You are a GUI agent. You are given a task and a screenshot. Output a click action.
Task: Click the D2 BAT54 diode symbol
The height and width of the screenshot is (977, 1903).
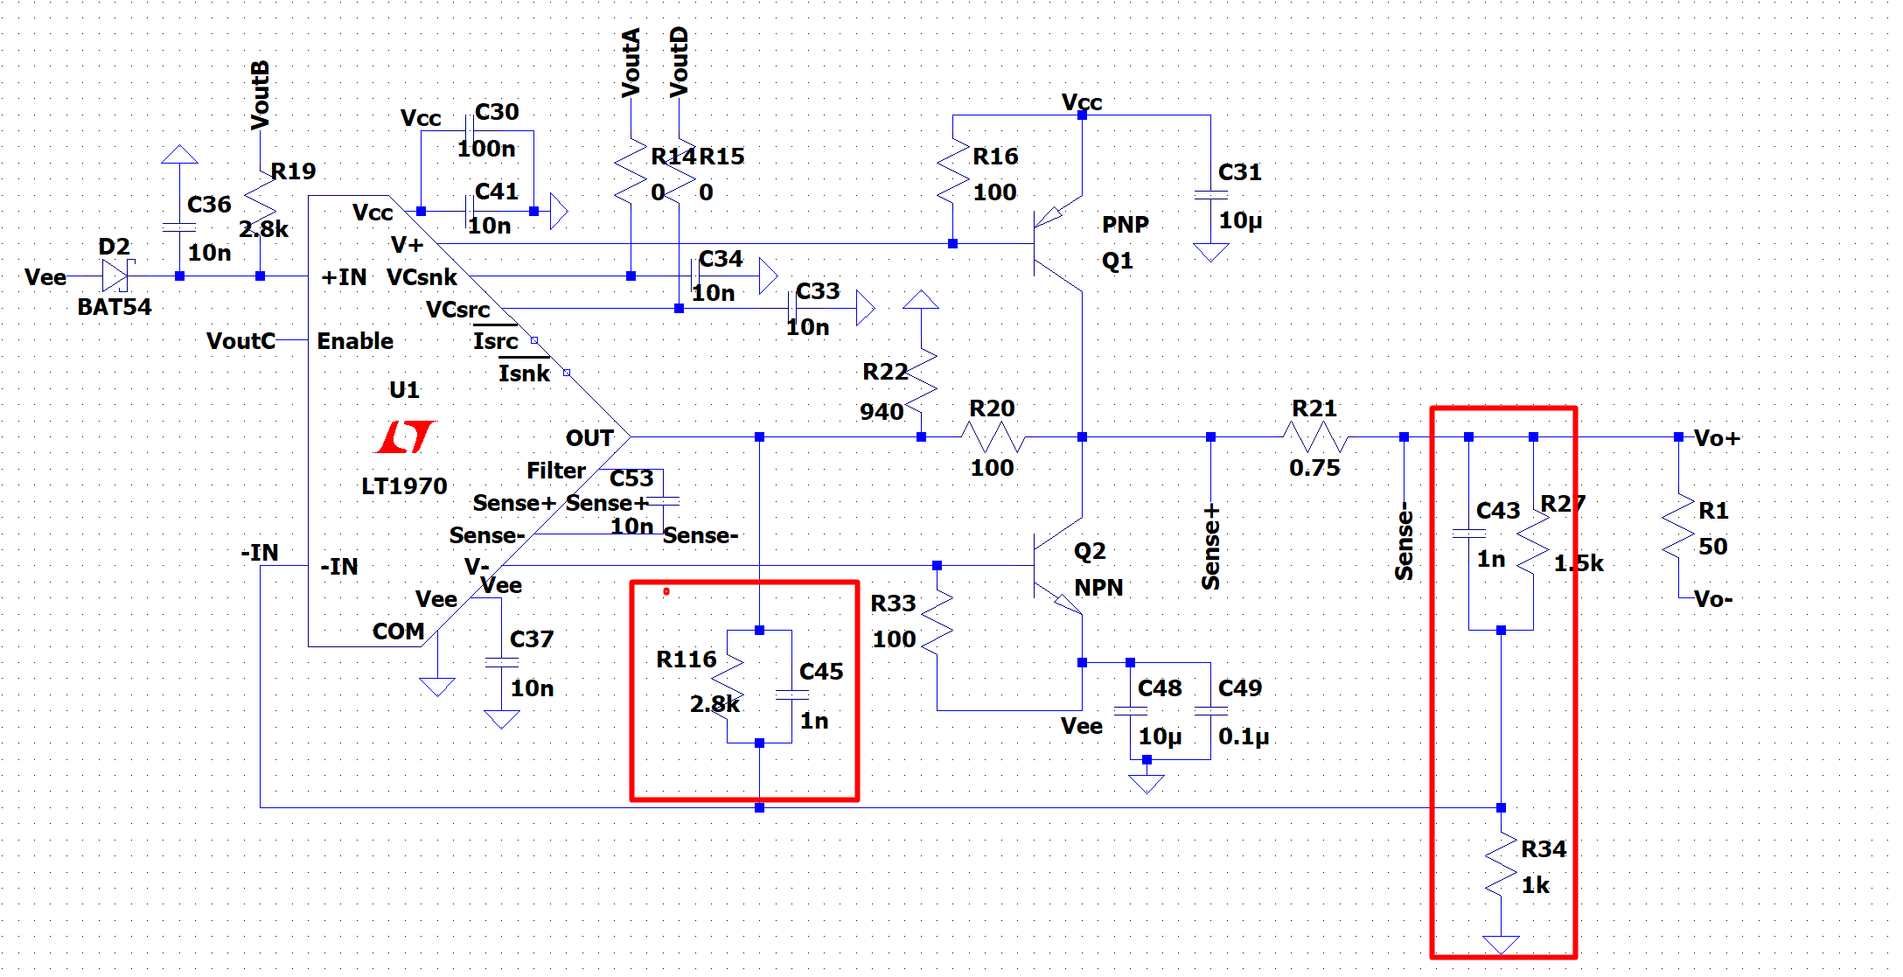tap(115, 276)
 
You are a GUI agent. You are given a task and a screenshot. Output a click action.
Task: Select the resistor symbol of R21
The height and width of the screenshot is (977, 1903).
tap(1315, 436)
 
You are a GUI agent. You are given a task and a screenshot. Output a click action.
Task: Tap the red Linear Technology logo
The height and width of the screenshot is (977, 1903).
tap(404, 436)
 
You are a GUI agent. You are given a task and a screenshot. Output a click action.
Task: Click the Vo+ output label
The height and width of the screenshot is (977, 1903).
tap(1717, 438)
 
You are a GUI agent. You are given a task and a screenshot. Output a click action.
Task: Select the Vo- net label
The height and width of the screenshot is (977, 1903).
tap(1712, 600)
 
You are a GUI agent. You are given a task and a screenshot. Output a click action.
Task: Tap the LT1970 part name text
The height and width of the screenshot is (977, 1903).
tap(404, 486)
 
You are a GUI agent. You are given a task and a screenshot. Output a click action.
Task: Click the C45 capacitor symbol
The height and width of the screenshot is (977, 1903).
tap(791, 694)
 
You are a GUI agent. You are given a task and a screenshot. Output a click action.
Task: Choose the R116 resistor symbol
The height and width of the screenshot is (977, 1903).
tap(728, 685)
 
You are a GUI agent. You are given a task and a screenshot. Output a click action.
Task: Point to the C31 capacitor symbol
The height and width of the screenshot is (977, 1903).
tap(1210, 196)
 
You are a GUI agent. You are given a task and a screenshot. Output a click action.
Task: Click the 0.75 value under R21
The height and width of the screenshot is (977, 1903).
tap(1314, 468)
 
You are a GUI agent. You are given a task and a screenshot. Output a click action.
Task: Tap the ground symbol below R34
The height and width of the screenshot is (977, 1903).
tap(1501, 943)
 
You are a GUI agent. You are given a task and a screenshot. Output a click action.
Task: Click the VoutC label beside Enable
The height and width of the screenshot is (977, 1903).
tap(240, 341)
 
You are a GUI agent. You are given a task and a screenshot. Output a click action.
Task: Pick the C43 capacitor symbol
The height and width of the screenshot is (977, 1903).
tap(1468, 533)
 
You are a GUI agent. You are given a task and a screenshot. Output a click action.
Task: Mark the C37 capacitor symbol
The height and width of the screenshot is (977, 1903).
tap(502, 662)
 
